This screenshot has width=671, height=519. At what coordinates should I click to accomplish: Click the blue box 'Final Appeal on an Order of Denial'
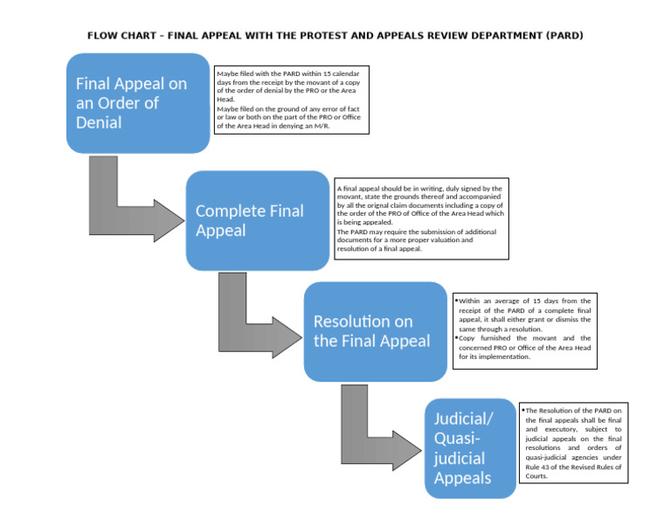click(138, 103)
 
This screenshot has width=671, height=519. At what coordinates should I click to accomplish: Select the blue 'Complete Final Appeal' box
click(257, 220)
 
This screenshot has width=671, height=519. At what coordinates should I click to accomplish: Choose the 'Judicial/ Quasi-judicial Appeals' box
click(469, 448)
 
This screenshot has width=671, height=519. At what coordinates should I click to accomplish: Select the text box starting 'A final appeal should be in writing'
click(421, 218)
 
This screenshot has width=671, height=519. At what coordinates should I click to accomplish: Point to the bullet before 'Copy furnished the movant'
click(457, 337)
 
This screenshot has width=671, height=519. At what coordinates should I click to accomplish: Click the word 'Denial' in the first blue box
click(99, 122)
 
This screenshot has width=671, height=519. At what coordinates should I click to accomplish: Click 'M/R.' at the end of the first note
click(322, 126)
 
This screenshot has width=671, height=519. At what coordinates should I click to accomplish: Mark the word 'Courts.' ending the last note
click(537, 476)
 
